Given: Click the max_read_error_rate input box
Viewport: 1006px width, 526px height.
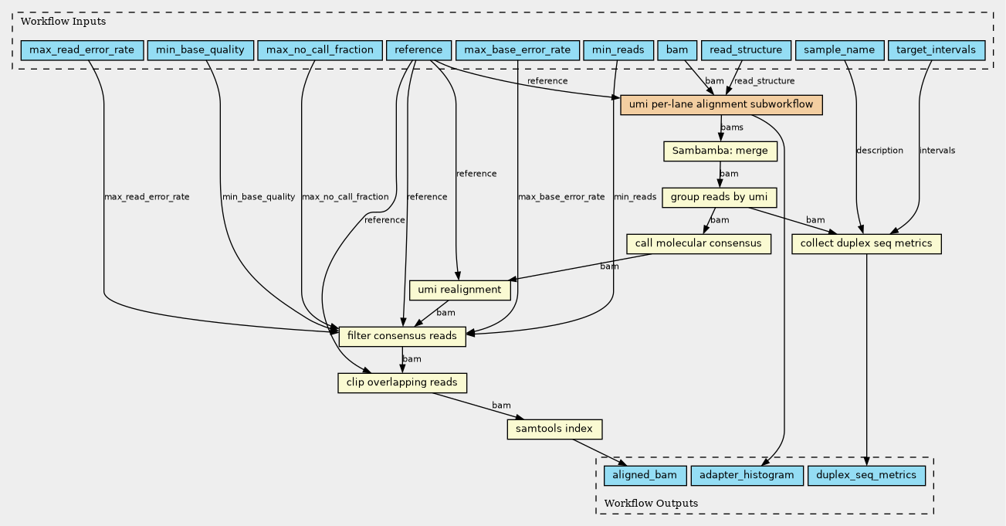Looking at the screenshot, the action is tap(82, 50).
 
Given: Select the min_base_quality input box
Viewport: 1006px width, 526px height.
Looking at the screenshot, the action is tap(200, 50).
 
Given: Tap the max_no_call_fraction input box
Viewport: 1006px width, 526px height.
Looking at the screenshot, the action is tap(320, 50).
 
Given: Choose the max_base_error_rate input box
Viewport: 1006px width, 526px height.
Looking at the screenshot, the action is tap(517, 50).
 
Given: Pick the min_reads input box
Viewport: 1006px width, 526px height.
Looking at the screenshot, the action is tap(618, 50).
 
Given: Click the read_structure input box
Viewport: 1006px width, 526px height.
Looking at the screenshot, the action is tap(746, 50).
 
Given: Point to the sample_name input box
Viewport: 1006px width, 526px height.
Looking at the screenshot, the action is tap(839, 50).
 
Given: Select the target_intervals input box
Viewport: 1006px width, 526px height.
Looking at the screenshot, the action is tap(937, 50).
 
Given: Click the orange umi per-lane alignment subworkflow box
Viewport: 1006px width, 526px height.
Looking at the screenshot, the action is tap(721, 105).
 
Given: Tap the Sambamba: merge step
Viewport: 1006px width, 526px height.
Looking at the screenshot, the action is tap(720, 151).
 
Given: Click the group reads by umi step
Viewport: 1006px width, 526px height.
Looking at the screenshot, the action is tap(720, 198).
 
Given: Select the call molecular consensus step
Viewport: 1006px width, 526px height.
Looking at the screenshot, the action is tap(699, 244).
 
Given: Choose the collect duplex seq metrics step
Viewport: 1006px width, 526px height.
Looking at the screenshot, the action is tap(866, 244).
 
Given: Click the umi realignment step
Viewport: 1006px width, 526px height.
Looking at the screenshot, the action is tap(460, 290).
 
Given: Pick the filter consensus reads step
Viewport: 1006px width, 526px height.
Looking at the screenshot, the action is tap(402, 337).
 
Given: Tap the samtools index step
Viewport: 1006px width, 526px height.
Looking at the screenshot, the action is tap(554, 429).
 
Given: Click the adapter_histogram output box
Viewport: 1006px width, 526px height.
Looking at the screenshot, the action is tap(747, 476).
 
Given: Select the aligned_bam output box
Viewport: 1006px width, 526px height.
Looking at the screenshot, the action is tap(645, 476).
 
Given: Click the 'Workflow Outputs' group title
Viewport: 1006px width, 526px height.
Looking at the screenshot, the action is tap(651, 503).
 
